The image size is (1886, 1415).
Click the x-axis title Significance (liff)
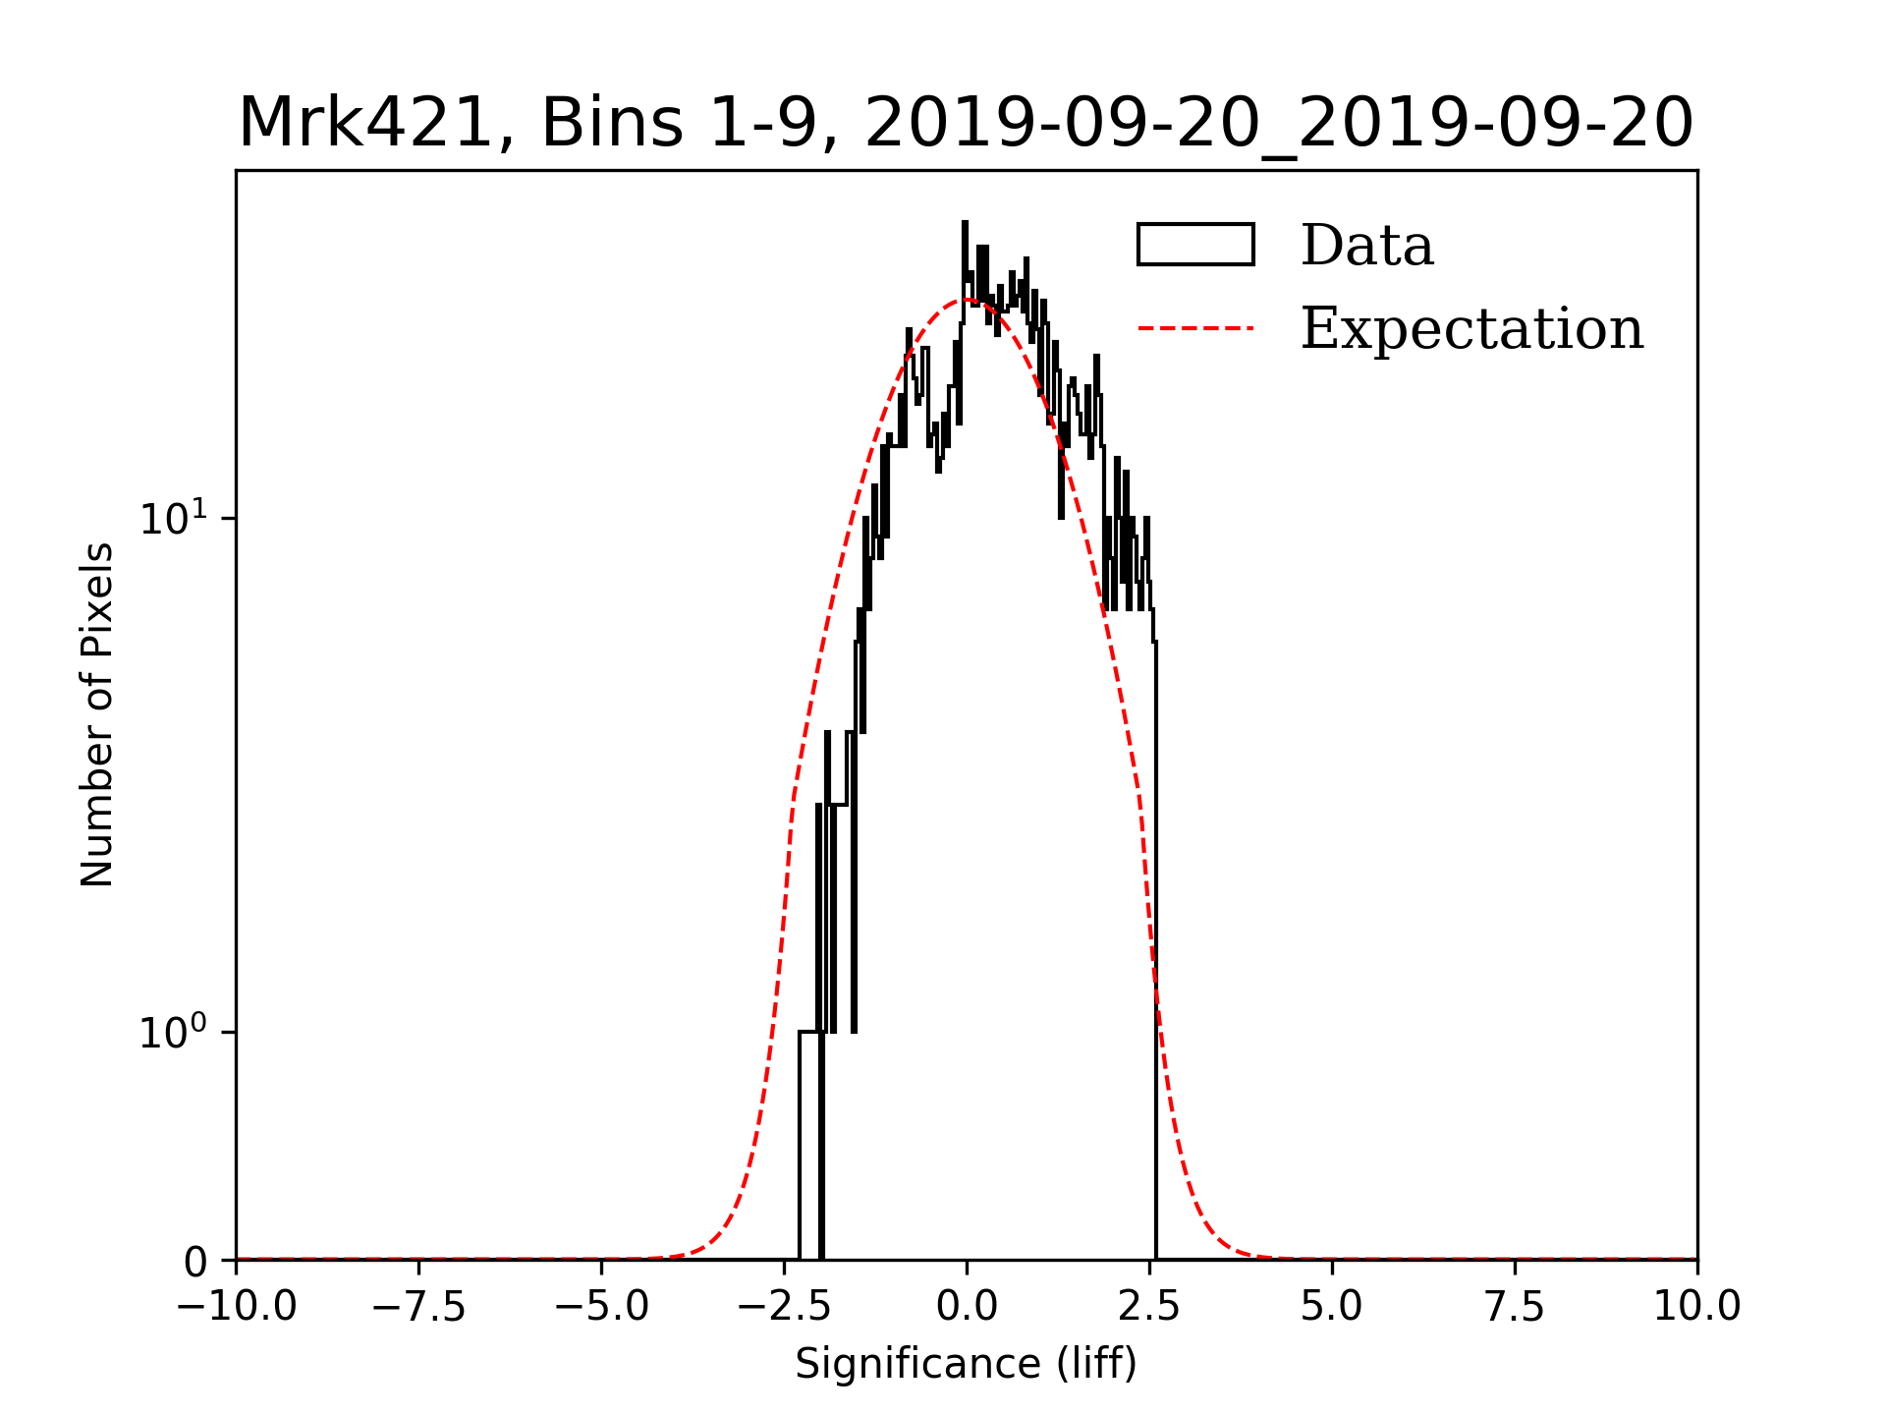click(x=966, y=1365)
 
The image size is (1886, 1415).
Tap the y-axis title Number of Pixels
click(x=97, y=714)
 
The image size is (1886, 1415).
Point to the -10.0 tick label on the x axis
click(x=236, y=1306)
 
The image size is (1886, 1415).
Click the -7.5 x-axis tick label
click(x=418, y=1306)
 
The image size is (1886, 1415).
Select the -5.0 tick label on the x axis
click(x=601, y=1306)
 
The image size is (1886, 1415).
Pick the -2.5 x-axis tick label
click(x=784, y=1306)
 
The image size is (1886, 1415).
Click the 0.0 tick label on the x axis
click(x=967, y=1306)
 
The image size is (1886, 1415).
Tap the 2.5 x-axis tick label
click(x=1149, y=1306)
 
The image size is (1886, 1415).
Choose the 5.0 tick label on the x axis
click(x=1332, y=1306)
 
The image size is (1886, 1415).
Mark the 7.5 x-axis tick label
click(x=1515, y=1306)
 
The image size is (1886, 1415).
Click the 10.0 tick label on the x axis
click(x=1696, y=1306)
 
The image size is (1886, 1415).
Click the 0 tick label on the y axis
click(x=195, y=1262)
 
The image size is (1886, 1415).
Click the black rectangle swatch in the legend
click(x=1195, y=245)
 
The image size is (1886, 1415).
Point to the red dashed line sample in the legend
click(x=1195, y=327)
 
